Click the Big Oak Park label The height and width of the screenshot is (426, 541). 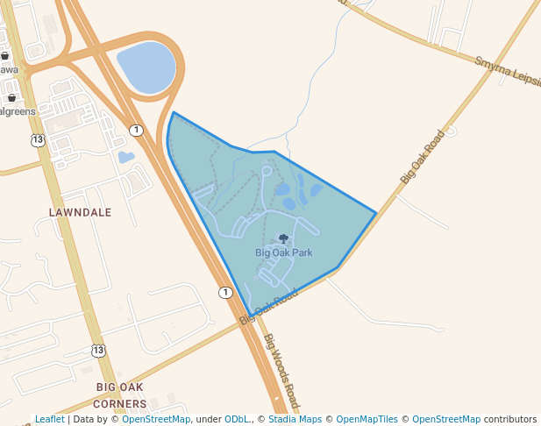pos(283,252)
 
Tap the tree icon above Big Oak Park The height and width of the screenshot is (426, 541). pos(283,238)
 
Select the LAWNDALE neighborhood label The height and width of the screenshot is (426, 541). pos(80,212)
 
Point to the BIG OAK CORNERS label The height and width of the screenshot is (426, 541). pos(121,395)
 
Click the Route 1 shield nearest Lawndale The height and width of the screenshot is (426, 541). pos(136,130)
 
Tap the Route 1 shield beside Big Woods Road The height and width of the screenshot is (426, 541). pos(225,292)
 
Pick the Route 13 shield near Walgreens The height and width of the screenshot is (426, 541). pos(37,140)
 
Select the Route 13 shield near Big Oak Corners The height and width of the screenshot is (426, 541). pos(98,351)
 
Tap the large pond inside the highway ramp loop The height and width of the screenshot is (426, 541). pos(146,67)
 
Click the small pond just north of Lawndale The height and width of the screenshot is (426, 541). pos(126,158)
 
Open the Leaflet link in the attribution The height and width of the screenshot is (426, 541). pos(50,419)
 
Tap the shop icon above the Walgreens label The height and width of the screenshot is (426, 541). pos(11,97)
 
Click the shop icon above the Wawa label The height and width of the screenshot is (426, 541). pos(5,55)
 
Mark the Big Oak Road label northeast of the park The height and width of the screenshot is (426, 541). pos(423,157)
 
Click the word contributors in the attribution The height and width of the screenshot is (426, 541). pos(510,419)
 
